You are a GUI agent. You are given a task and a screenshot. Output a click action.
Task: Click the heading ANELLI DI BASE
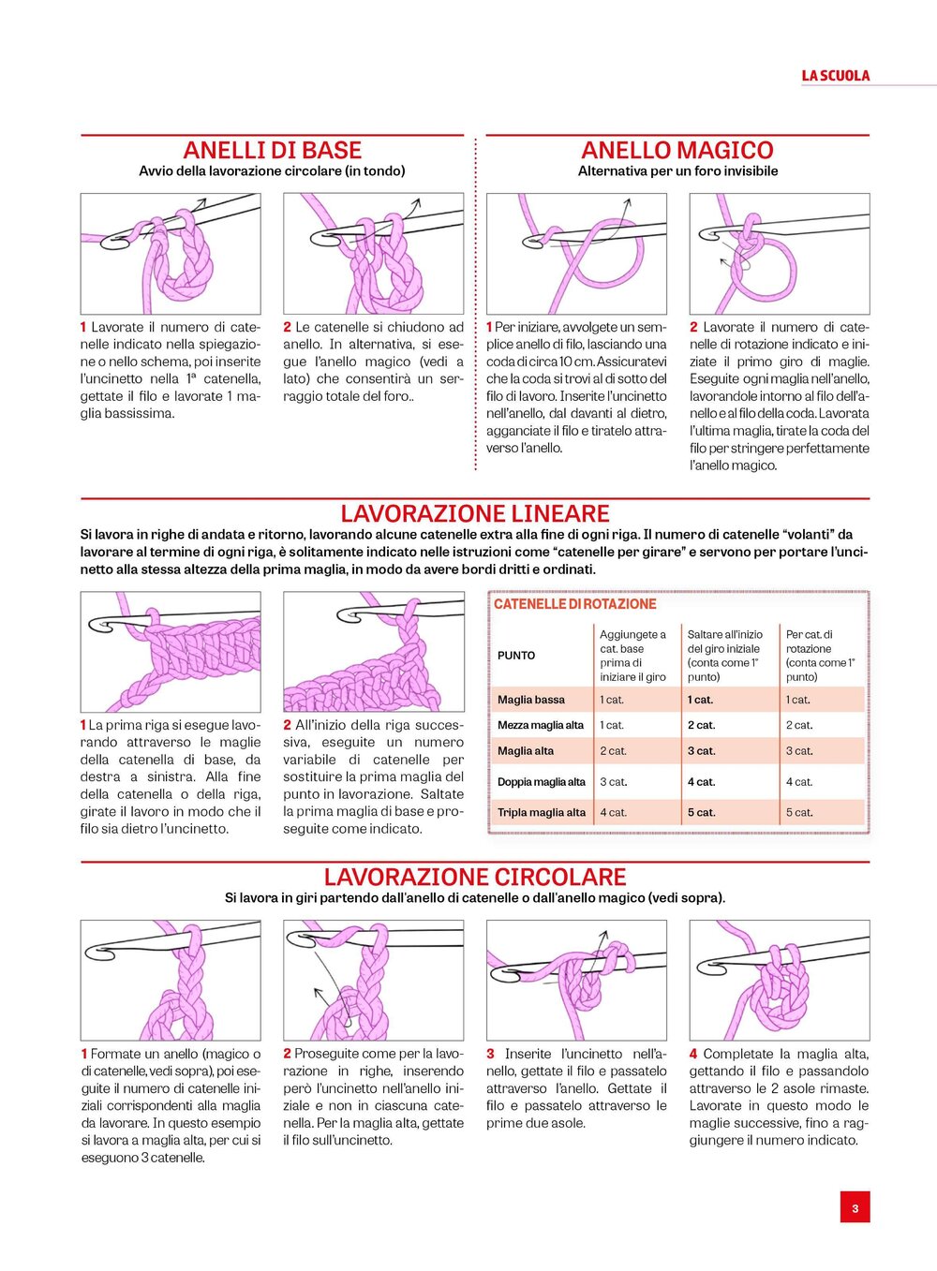[x=272, y=150]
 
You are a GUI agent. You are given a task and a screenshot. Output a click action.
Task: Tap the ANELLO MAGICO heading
[x=677, y=150]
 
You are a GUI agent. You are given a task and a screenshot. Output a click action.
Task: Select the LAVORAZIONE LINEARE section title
[x=475, y=513]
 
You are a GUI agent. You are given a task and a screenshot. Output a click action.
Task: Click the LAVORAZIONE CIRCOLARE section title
[x=475, y=877]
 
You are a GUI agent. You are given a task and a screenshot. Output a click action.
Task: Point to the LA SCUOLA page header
[x=835, y=76]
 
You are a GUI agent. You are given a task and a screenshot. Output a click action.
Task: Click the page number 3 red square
[x=855, y=1208]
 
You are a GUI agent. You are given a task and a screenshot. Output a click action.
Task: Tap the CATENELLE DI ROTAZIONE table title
[x=575, y=604]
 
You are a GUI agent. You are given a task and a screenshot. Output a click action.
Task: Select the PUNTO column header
[x=516, y=656]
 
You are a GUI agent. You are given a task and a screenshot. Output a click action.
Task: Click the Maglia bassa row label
[x=531, y=700]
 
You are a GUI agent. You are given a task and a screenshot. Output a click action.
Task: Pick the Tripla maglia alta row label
[x=542, y=812]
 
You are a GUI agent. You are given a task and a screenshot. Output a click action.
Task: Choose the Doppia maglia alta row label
[x=542, y=782]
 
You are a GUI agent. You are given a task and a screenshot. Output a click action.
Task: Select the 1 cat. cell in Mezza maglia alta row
[x=612, y=725]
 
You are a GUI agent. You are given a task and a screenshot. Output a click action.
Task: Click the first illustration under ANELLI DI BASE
[x=171, y=253]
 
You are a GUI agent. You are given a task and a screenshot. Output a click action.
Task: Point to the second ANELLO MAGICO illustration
[x=780, y=253]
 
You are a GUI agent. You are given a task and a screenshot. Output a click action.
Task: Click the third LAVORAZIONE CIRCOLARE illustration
[x=576, y=980]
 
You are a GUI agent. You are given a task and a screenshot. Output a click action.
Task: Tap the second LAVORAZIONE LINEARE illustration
[x=373, y=651]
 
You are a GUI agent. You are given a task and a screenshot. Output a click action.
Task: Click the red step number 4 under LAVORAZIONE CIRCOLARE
[x=693, y=1054]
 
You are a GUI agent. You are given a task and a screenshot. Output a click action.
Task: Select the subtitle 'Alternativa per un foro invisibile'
[x=677, y=171]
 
